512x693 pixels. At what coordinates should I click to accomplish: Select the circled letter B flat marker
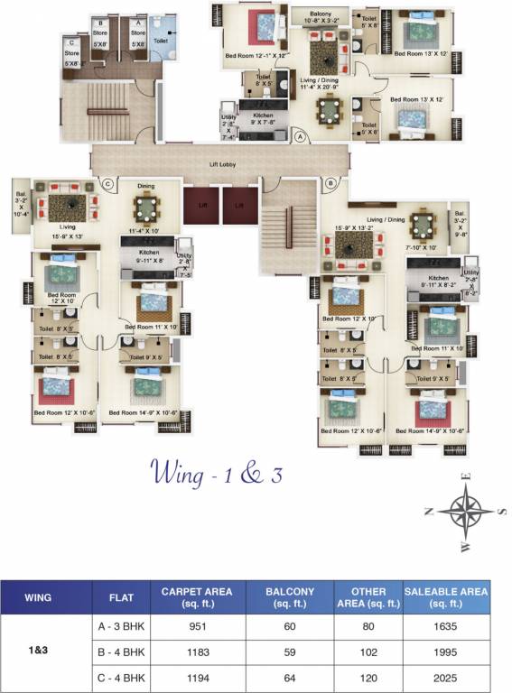coord(331,182)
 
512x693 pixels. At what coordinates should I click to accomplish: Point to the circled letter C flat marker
coord(107,183)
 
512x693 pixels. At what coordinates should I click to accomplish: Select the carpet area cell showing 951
coord(196,626)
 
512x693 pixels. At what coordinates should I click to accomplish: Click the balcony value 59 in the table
coord(289,651)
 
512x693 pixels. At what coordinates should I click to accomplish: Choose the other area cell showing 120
coord(368,677)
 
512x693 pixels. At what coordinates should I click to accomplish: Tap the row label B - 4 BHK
coord(121,651)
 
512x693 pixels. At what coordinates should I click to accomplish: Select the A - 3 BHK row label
coord(121,626)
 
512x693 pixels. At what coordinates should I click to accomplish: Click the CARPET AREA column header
coord(196,596)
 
